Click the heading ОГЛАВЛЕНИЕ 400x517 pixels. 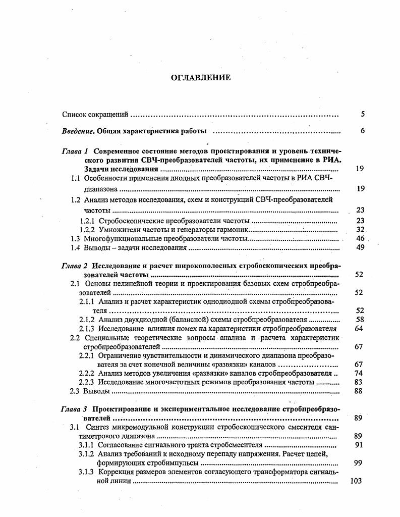(x=201, y=77)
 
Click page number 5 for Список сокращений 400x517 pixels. (x=363, y=115)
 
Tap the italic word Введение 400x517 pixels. (x=78, y=131)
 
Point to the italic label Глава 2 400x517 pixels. (x=75, y=266)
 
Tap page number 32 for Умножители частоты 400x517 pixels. (x=360, y=229)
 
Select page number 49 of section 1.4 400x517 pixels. (x=360, y=247)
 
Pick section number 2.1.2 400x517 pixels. (x=88, y=320)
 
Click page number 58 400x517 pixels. (x=360, y=320)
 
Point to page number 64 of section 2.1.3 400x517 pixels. (x=360, y=329)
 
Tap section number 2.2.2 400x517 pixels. (x=88, y=373)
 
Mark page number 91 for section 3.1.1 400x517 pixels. (x=359, y=445)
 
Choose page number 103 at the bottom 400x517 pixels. (x=356, y=481)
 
